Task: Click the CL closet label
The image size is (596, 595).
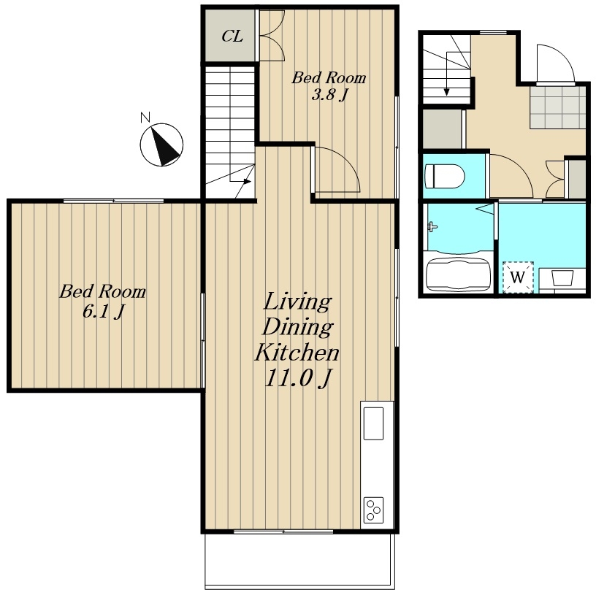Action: [x=232, y=37]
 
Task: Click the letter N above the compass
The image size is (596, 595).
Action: [x=145, y=118]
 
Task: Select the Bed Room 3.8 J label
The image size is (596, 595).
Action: [x=329, y=86]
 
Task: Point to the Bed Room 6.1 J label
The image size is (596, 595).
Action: [x=103, y=301]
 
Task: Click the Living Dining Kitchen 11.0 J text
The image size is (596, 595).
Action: [x=297, y=339]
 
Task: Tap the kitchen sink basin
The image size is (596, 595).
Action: [x=373, y=423]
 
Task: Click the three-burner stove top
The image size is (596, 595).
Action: [x=373, y=510]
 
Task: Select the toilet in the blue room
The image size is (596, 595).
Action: [x=445, y=176]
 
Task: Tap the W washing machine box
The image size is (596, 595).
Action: [x=518, y=277]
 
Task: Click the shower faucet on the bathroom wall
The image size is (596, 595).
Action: [x=432, y=227]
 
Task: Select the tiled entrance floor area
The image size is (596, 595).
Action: [x=557, y=107]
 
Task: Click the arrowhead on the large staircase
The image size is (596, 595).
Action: [x=248, y=181]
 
